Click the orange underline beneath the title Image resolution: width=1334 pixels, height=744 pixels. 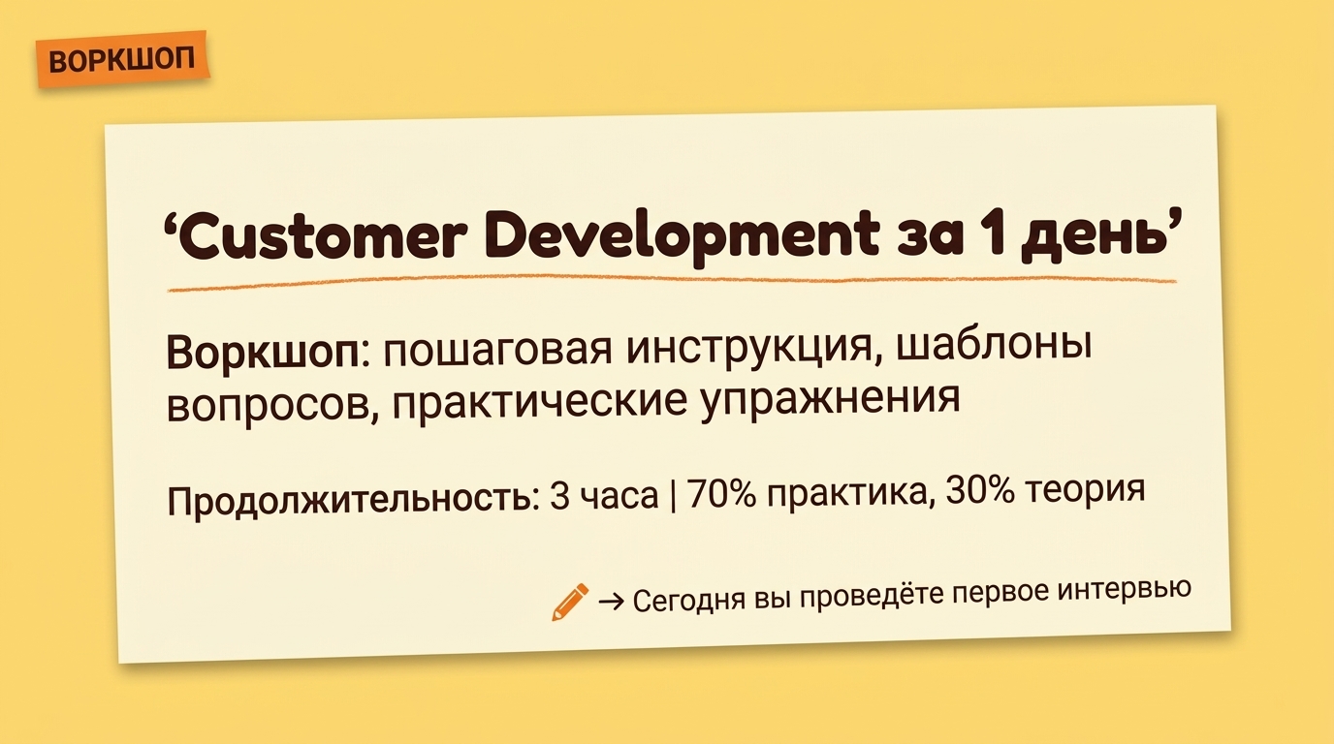[669, 284]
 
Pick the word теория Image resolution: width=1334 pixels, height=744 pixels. [1090, 489]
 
